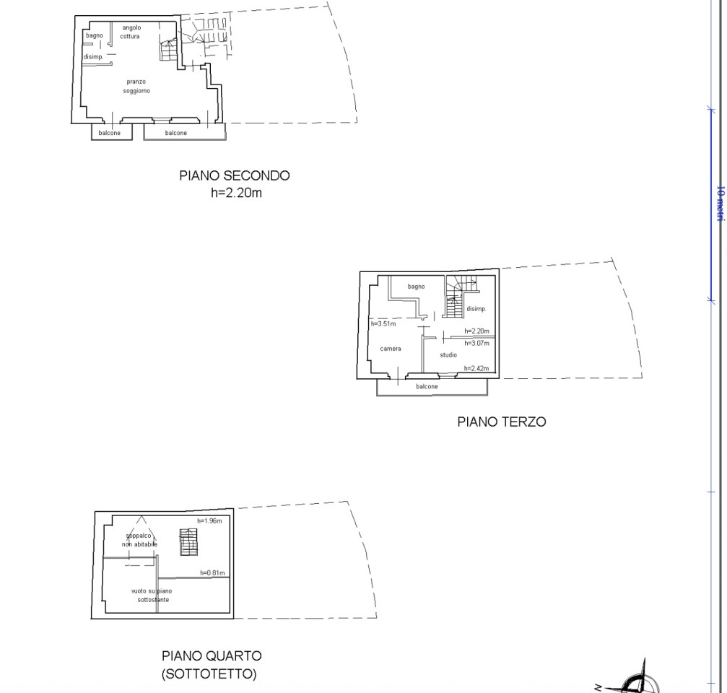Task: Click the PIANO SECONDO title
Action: pos(235,175)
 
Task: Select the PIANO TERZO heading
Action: pos(501,422)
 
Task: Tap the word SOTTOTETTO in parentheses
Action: pos(208,675)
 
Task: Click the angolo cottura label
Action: pos(131,32)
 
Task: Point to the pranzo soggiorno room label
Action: pos(136,86)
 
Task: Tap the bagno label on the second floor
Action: pos(94,35)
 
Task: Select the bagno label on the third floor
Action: pos(416,287)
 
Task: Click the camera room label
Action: pos(391,349)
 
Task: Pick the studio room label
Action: pos(448,355)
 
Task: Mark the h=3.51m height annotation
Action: pos(383,324)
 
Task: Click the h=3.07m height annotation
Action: pos(476,343)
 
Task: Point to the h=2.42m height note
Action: pos(476,369)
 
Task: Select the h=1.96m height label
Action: pos(209,520)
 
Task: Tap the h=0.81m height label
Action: pos(212,573)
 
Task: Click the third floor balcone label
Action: pos(427,387)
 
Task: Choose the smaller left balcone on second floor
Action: pos(110,133)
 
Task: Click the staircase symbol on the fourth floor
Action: pos(188,542)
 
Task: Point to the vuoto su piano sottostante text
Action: pos(151,595)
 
